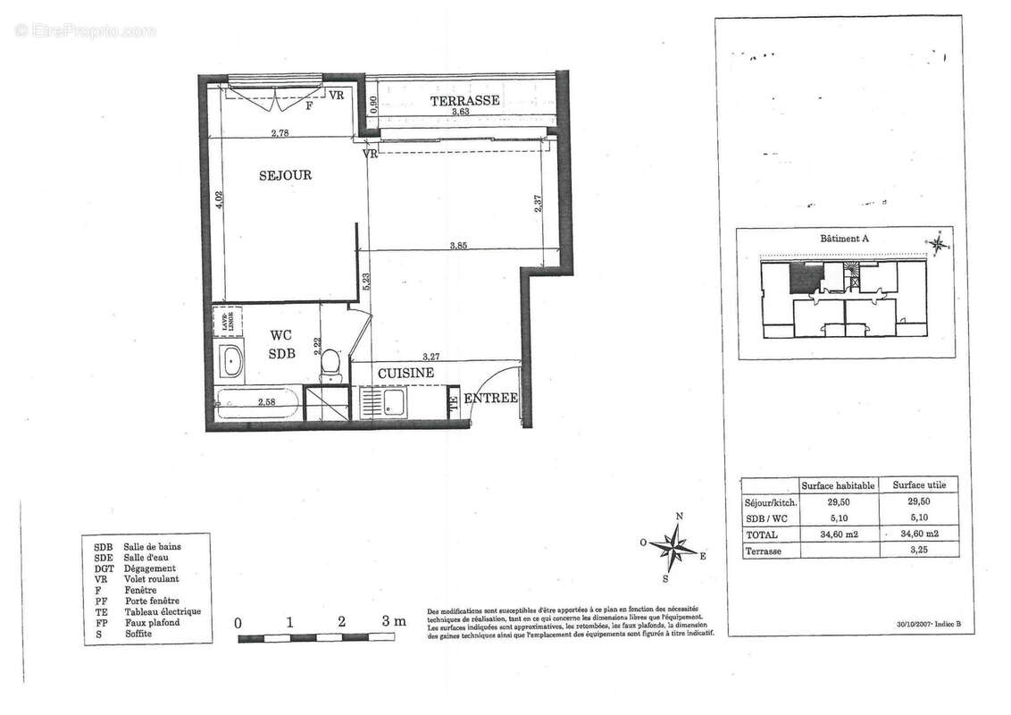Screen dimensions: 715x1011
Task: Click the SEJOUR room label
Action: (x=285, y=175)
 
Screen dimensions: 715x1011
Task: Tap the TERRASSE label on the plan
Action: (x=464, y=100)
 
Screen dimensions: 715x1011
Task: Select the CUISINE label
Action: (x=405, y=373)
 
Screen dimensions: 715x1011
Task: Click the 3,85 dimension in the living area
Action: (x=459, y=245)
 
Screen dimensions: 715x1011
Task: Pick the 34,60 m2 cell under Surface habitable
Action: (x=838, y=534)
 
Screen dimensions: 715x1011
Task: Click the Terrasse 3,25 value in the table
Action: (x=920, y=550)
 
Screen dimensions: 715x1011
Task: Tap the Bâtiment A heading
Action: (x=843, y=239)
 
